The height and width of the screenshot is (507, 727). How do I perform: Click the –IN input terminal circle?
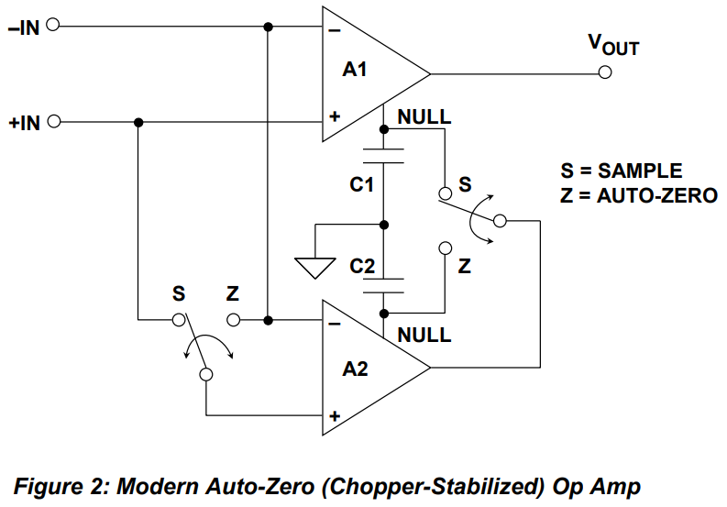(51, 26)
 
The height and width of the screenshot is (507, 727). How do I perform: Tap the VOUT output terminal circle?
(604, 73)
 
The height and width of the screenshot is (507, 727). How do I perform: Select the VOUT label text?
(612, 45)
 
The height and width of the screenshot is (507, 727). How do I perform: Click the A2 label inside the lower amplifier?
(355, 369)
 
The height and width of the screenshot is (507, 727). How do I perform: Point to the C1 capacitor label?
(362, 185)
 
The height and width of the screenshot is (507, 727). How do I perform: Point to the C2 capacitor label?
(362, 266)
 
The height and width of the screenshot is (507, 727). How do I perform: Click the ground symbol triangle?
(313, 267)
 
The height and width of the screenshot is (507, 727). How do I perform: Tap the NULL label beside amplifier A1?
(424, 117)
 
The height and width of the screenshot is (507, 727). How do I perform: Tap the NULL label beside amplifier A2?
(424, 335)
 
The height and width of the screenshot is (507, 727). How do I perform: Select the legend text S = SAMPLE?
(622, 171)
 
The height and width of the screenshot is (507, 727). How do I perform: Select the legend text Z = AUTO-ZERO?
(638, 194)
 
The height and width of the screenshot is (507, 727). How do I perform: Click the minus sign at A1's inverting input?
(335, 29)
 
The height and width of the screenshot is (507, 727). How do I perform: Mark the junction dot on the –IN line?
(268, 26)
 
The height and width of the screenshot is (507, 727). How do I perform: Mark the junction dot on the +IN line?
(138, 122)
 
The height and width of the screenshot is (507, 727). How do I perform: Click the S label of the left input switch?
(178, 294)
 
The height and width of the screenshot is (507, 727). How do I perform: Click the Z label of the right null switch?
(465, 266)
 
